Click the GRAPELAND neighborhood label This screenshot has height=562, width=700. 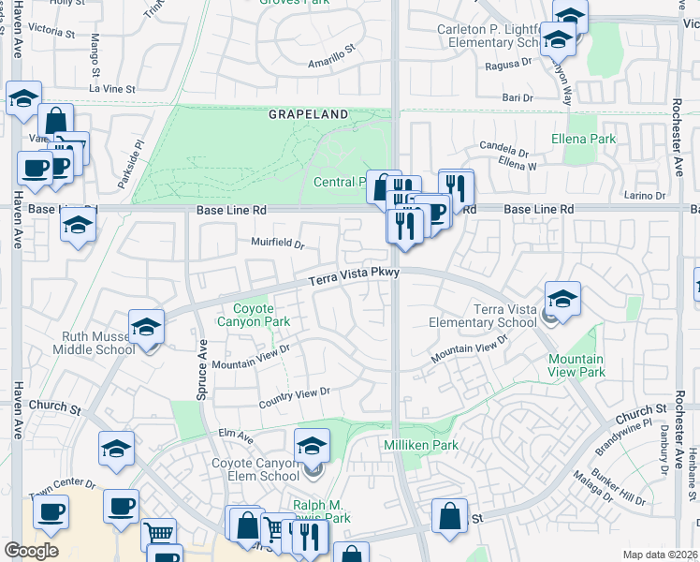point(308,114)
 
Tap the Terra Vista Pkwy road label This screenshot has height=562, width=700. point(355,276)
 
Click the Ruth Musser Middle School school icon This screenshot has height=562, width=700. point(146,328)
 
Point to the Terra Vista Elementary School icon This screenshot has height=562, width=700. point(561,300)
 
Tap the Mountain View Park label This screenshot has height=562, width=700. point(576,365)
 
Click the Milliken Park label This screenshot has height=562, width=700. point(421,445)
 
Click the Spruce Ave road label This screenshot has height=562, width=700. point(202,370)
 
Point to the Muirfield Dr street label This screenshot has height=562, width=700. point(278,244)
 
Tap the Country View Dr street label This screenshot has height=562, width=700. point(295,398)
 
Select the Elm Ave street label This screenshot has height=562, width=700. point(236,436)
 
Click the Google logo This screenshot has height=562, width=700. point(32,551)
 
